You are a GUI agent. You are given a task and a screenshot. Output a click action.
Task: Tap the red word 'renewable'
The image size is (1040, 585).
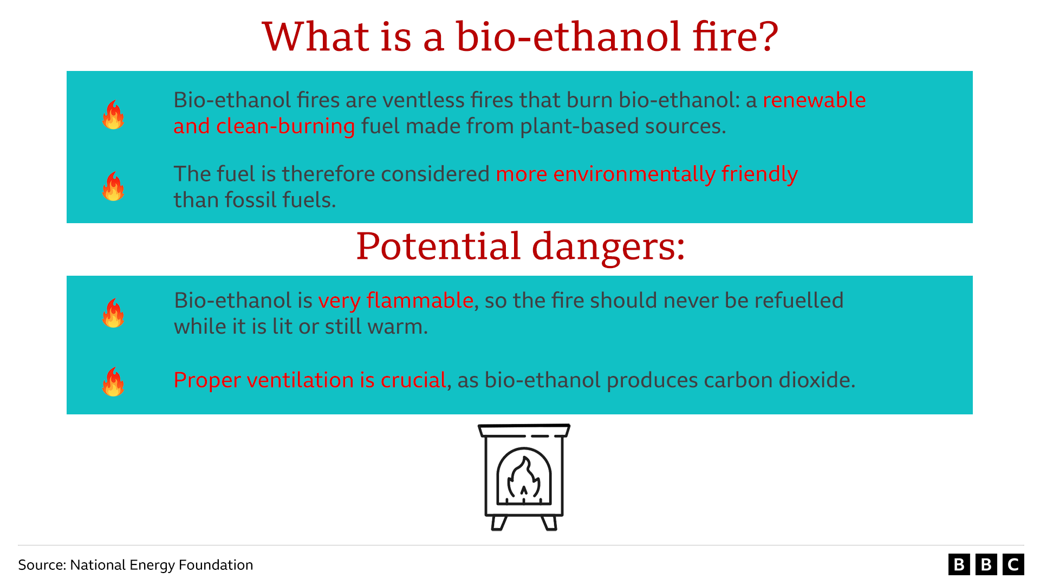pos(814,100)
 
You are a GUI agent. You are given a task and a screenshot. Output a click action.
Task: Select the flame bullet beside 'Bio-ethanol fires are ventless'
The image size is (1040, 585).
pos(113,114)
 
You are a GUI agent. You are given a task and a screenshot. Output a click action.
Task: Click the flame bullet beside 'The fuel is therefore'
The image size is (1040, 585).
pos(113,186)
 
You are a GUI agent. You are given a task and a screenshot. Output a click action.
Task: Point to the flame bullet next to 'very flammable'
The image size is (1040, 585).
pos(113,313)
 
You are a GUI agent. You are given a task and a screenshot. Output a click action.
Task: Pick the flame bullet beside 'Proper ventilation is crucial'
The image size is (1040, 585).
pos(113,382)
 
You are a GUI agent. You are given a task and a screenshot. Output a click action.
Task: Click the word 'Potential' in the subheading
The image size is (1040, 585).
pos(438,246)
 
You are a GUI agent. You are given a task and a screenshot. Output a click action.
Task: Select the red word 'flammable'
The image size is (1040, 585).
pos(420,301)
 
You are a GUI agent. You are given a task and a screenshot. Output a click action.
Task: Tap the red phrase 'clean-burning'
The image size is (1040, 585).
pos(285,126)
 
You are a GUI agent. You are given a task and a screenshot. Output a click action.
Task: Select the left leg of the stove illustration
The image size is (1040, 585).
pos(498,523)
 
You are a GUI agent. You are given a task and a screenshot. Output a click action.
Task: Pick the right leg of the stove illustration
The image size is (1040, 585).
pos(549,523)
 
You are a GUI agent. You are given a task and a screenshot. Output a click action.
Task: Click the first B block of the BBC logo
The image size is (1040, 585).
pos(959,564)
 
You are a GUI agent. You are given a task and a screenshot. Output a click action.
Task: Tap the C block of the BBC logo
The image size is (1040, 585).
pos(1013,564)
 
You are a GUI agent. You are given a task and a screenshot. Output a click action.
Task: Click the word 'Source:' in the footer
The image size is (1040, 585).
pos(42,565)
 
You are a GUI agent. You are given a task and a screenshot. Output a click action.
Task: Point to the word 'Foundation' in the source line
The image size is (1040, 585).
pos(216,565)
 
